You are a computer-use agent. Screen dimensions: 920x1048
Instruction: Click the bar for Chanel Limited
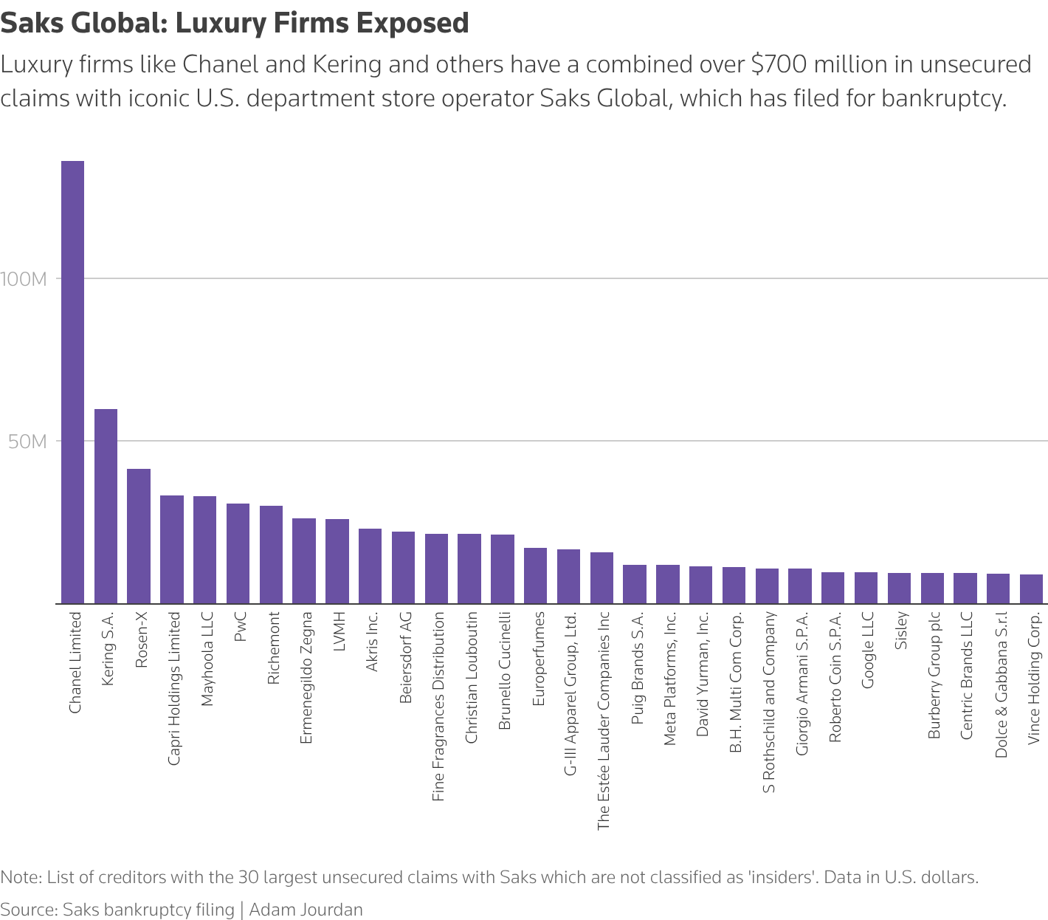click(72, 382)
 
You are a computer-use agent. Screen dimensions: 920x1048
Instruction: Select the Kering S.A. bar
click(106, 506)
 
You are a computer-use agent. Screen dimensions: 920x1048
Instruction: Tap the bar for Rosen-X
click(139, 536)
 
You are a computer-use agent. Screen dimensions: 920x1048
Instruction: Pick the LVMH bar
click(337, 561)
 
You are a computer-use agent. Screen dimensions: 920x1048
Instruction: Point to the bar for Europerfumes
click(536, 575)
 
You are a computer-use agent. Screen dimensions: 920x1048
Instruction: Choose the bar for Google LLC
click(866, 588)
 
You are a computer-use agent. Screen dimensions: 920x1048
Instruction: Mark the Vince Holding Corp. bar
click(1032, 588)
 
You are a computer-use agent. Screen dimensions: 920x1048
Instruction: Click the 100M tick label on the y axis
click(24, 279)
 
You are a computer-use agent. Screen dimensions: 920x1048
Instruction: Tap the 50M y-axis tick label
click(28, 442)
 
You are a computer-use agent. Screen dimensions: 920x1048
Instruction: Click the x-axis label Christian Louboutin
click(472, 676)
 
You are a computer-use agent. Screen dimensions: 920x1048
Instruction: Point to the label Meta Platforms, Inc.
click(670, 678)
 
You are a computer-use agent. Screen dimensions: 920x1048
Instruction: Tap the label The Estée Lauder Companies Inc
click(604, 720)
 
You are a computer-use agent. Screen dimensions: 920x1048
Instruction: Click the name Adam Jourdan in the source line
click(306, 909)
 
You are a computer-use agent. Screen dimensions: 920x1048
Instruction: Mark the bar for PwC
click(238, 553)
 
